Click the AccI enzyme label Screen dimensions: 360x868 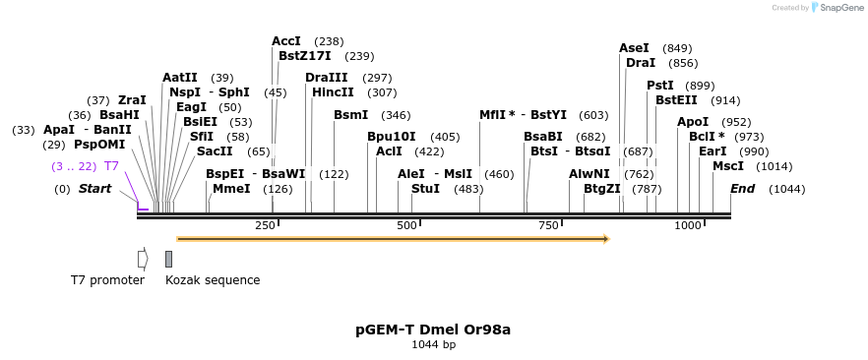pyautogui.click(x=286, y=41)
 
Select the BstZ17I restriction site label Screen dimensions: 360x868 pyautogui.click(x=305, y=56)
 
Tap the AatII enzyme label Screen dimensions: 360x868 pyautogui.click(x=180, y=78)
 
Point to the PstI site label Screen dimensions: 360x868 pyautogui.click(x=660, y=86)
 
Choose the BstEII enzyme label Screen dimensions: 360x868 pyautogui.click(x=676, y=100)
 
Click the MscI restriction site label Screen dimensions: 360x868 pyautogui.click(x=728, y=166)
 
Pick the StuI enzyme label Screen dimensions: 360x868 pyautogui.click(x=425, y=189)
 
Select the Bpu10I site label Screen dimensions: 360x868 pyautogui.click(x=392, y=137)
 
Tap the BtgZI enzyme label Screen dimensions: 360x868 pyautogui.click(x=602, y=189)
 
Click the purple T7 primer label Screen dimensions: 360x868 pyautogui.click(x=111, y=166)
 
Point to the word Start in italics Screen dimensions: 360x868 pyautogui.click(x=95, y=189)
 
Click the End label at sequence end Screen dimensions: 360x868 pyautogui.click(x=742, y=189)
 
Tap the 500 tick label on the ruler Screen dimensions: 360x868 pyautogui.click(x=406, y=226)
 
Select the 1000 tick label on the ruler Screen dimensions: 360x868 pyautogui.click(x=687, y=226)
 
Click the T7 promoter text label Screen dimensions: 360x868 pyautogui.click(x=107, y=280)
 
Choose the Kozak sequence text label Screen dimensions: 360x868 pyautogui.click(x=213, y=280)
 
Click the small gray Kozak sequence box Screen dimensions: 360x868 pyautogui.click(x=168, y=259)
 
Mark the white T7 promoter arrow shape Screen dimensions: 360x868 pyautogui.click(x=143, y=259)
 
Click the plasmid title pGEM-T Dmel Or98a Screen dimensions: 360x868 pyautogui.click(x=433, y=330)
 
